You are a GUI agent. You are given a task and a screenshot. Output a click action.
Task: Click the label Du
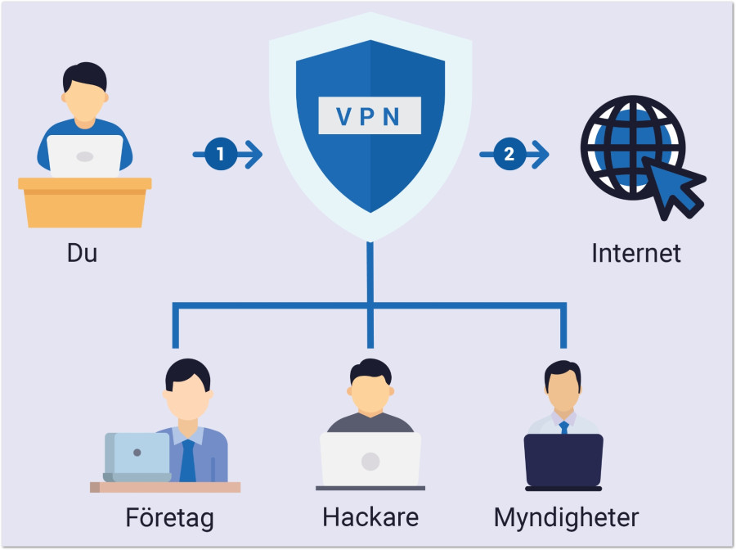coord(82,253)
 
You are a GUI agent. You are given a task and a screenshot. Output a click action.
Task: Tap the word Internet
coord(636,253)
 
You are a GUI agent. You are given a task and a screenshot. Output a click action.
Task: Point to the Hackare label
coord(370,517)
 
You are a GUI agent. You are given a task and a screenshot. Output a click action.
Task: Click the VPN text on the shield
coord(369,116)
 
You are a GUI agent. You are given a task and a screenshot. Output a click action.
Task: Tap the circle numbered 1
coord(221,154)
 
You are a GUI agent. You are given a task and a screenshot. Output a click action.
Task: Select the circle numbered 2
coord(509,154)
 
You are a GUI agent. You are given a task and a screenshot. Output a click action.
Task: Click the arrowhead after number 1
coord(254,154)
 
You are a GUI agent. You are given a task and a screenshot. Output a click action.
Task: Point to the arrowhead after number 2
coord(541,154)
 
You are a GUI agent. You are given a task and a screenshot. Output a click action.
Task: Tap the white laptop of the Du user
coord(85,156)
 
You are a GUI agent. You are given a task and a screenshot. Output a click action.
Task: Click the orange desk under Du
coord(85,202)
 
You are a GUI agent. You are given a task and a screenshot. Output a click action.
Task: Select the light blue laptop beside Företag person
coord(137,457)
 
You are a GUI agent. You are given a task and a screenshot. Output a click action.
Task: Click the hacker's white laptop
coord(370,459)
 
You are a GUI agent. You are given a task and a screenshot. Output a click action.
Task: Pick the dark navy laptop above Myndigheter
coord(563,461)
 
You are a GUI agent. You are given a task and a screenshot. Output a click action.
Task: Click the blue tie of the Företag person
coord(188,462)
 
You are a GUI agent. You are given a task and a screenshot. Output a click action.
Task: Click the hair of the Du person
coord(85,77)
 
